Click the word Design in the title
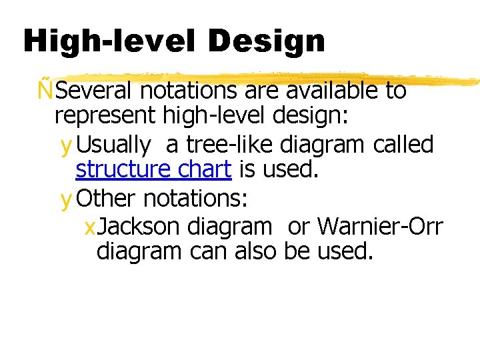[x=266, y=41]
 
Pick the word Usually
[x=115, y=144]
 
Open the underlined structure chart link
[x=153, y=170]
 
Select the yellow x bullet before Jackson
[x=90, y=228]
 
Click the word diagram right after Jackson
[x=229, y=227]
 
